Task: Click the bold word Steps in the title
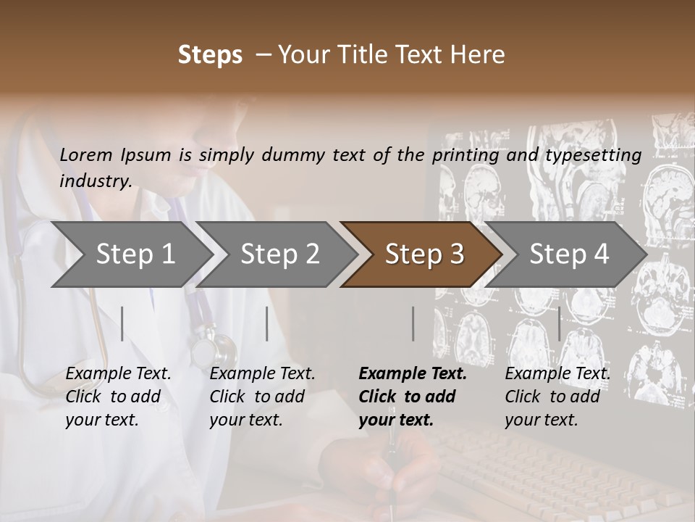coord(210,55)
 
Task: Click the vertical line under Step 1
coord(122,323)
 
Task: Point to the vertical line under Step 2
coord(267,323)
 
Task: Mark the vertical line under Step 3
coord(413,323)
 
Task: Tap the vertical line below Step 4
coord(559,323)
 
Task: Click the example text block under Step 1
coord(118,397)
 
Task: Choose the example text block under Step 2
coord(262,397)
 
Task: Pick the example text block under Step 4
coord(557,397)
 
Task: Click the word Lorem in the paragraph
coord(86,154)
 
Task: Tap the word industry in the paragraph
coord(95,181)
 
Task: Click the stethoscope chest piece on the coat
coord(214,349)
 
